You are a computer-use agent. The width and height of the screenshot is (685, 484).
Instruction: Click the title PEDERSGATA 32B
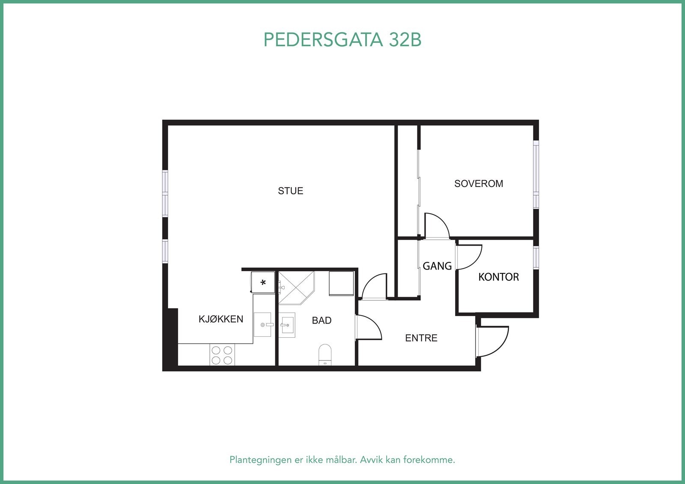(x=342, y=40)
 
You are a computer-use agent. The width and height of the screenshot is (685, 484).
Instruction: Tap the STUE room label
(x=290, y=191)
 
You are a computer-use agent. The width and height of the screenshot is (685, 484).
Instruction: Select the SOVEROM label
(x=478, y=184)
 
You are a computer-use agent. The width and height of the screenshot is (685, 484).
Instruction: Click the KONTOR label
(x=498, y=277)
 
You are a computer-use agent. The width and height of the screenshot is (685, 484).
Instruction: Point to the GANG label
(x=437, y=266)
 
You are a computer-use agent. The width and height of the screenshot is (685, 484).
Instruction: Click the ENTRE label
(x=421, y=338)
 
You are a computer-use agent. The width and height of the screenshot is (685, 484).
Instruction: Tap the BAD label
(x=322, y=321)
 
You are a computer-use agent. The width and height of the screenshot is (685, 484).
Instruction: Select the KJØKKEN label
(x=220, y=319)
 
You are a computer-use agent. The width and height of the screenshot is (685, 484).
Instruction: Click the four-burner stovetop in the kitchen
(x=222, y=355)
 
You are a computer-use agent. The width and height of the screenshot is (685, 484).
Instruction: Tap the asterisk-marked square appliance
(x=263, y=282)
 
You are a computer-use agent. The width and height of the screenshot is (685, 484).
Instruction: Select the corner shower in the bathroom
(x=295, y=287)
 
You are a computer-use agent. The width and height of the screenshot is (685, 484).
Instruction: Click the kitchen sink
(x=262, y=324)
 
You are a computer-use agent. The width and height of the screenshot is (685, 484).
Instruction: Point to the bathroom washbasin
(x=287, y=325)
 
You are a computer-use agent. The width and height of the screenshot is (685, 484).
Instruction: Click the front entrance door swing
(x=493, y=341)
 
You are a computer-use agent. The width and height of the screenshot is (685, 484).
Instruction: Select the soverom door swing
(x=436, y=226)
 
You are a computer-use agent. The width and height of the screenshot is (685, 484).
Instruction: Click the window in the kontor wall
(x=536, y=257)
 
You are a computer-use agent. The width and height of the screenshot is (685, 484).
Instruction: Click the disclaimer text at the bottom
(x=342, y=460)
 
